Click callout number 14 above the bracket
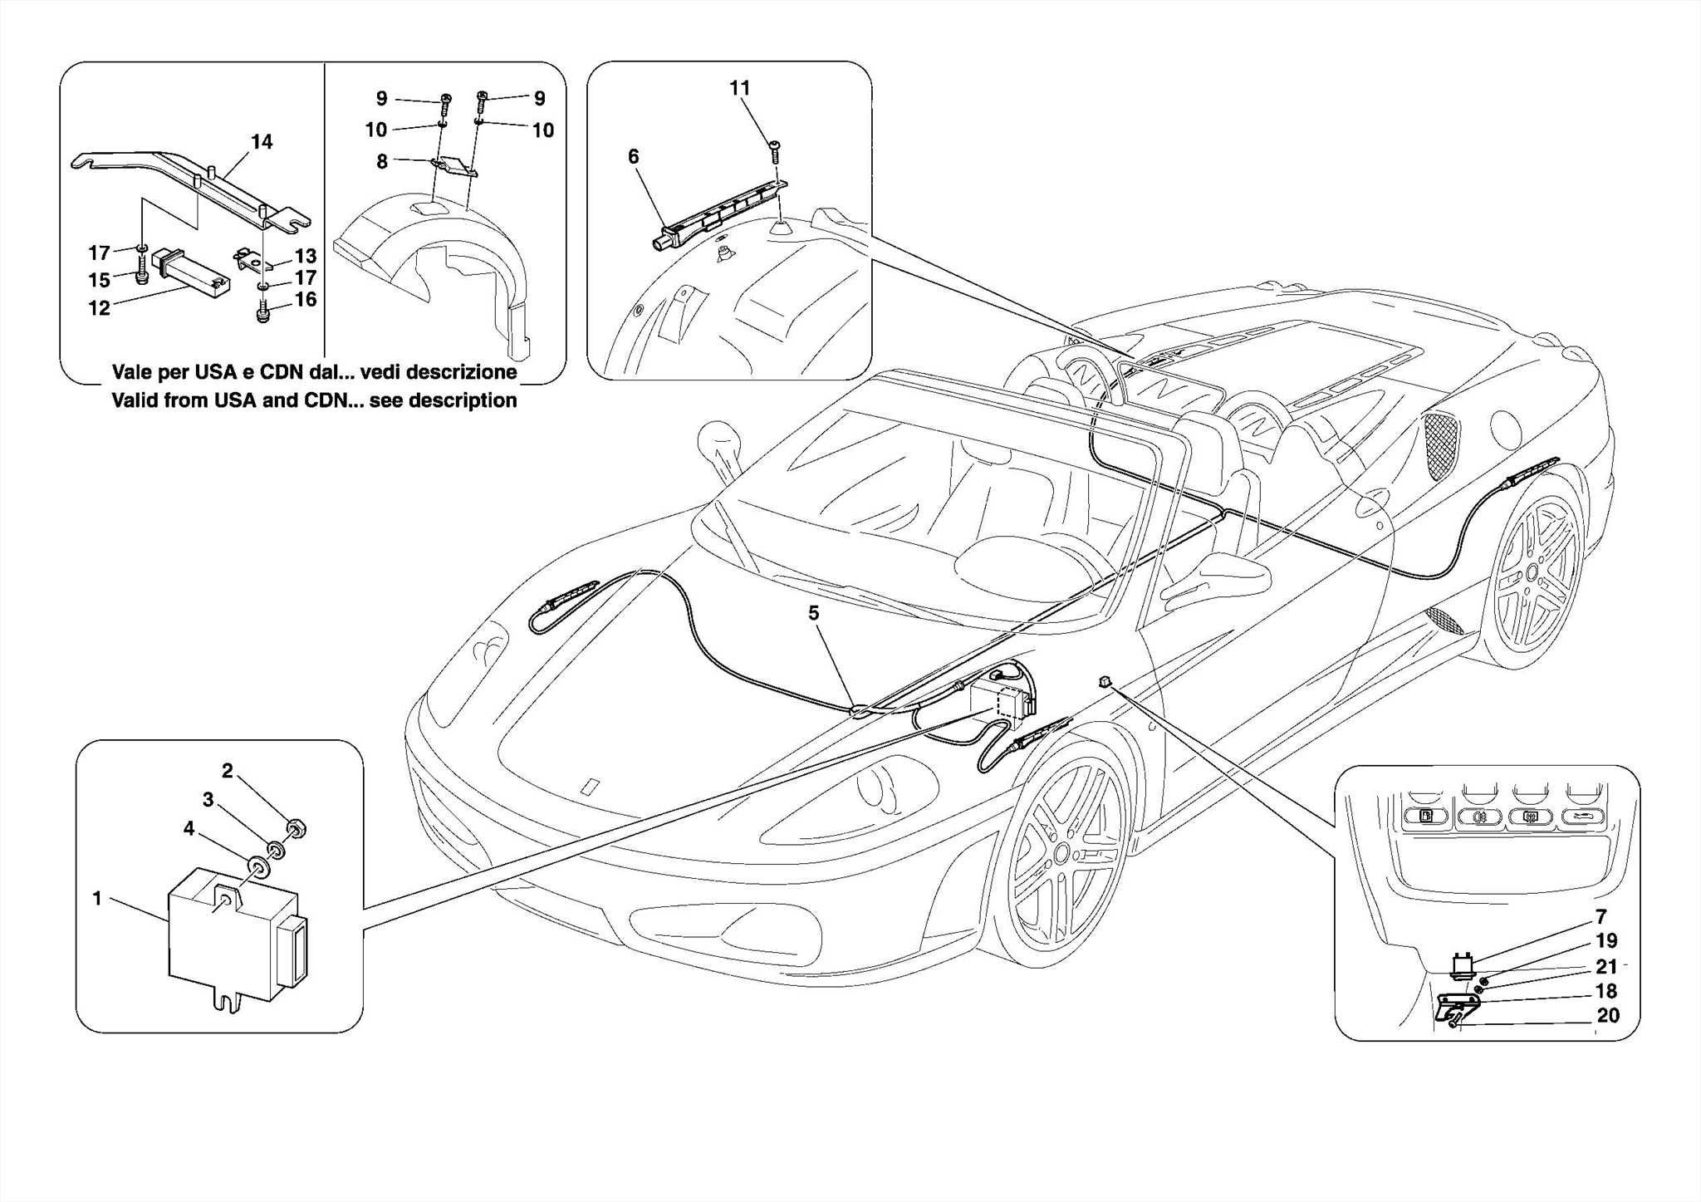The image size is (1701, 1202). (262, 142)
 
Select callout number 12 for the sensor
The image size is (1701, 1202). (99, 308)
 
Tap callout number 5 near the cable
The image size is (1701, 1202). (813, 613)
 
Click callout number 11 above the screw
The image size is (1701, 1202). (739, 88)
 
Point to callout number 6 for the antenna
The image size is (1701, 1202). (634, 156)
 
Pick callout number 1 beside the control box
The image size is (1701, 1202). (97, 899)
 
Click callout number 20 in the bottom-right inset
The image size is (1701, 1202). (1608, 1016)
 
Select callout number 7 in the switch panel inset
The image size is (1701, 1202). (1601, 918)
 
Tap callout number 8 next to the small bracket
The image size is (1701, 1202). (381, 161)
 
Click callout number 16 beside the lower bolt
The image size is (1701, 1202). (306, 299)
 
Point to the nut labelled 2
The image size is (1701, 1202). (293, 827)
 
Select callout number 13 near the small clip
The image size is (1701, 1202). (305, 256)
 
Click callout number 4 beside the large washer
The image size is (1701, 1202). (189, 828)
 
